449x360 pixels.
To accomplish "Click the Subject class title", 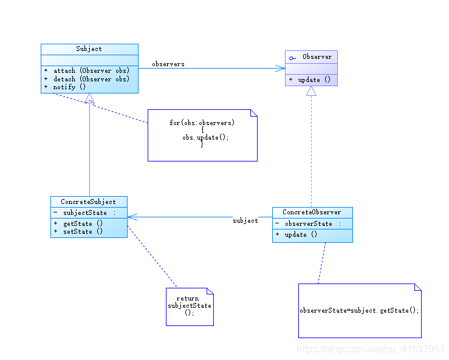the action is pyautogui.click(x=89, y=49).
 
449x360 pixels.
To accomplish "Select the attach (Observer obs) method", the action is pyautogui.click(x=91, y=70).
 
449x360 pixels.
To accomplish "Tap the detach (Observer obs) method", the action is pyautogui.click(x=91, y=79).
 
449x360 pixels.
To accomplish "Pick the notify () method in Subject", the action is pyautogui.click(x=69, y=87).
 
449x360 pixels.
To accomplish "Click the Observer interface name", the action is pyautogui.click(x=317, y=56).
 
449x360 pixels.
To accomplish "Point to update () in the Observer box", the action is pyautogui.click(x=314, y=80).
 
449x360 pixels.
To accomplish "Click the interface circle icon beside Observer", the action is pyautogui.click(x=292, y=58).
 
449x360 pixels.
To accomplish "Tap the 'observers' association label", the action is pyautogui.click(x=168, y=64).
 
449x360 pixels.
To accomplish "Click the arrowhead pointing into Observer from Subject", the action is pyautogui.click(x=280, y=69).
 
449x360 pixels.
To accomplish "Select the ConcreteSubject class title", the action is pyautogui.click(x=88, y=202).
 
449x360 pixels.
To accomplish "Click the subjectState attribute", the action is pyautogui.click(x=85, y=212).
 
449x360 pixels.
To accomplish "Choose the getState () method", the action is pyautogui.click(x=83, y=223).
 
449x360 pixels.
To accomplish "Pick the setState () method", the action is pyautogui.click(x=83, y=231).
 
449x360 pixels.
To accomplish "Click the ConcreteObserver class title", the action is pyautogui.click(x=312, y=212).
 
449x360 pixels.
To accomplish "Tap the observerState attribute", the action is pyautogui.click(x=309, y=223).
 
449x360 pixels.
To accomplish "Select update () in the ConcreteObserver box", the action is pyautogui.click(x=301, y=234).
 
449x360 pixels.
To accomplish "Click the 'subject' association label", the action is pyautogui.click(x=245, y=220).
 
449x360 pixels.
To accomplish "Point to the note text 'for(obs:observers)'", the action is pyautogui.click(x=202, y=123).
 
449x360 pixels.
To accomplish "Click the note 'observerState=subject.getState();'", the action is pyautogui.click(x=359, y=310).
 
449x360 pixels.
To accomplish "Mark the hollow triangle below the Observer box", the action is pyautogui.click(x=311, y=91).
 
